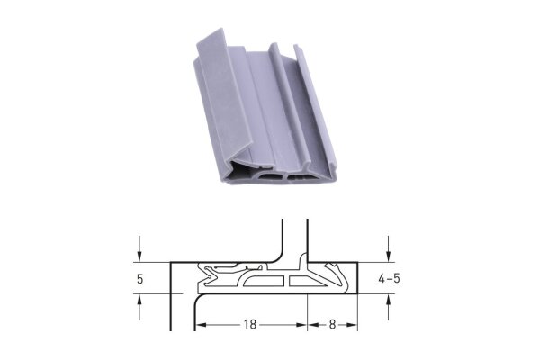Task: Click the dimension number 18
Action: [250, 325]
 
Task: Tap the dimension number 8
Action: [332, 325]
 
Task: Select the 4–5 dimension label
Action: [390, 278]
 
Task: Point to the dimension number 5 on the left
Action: [139, 279]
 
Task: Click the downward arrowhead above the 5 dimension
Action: [139, 256]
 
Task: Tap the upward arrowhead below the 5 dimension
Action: [139, 300]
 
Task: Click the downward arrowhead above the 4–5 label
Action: [389, 256]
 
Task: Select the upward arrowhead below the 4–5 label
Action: [389, 300]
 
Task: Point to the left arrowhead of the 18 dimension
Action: [201, 325]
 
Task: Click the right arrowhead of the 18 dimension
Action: [301, 325]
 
